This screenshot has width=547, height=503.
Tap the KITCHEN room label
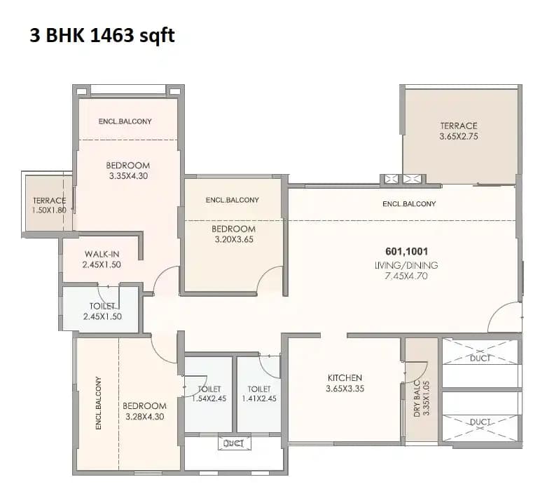click(x=344, y=378)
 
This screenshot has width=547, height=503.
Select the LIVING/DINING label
click(x=406, y=264)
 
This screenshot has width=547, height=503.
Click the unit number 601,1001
click(x=406, y=251)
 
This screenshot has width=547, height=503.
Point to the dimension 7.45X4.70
click(x=406, y=276)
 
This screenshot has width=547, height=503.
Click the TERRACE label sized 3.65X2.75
click(x=459, y=126)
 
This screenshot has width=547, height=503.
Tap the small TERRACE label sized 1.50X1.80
click(x=49, y=201)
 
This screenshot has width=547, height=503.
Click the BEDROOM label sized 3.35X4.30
click(x=127, y=166)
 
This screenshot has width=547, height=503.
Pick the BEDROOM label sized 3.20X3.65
click(x=233, y=229)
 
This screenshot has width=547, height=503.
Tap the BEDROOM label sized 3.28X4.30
click(x=144, y=405)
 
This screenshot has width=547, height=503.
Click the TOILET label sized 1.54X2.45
click(x=209, y=389)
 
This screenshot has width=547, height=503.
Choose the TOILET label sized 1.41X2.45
click(x=258, y=389)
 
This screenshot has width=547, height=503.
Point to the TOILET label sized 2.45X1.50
click(x=102, y=307)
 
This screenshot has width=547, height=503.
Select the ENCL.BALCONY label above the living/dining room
click(x=409, y=204)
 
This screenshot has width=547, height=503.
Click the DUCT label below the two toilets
click(x=233, y=443)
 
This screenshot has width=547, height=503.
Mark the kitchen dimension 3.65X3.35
click(x=344, y=389)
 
